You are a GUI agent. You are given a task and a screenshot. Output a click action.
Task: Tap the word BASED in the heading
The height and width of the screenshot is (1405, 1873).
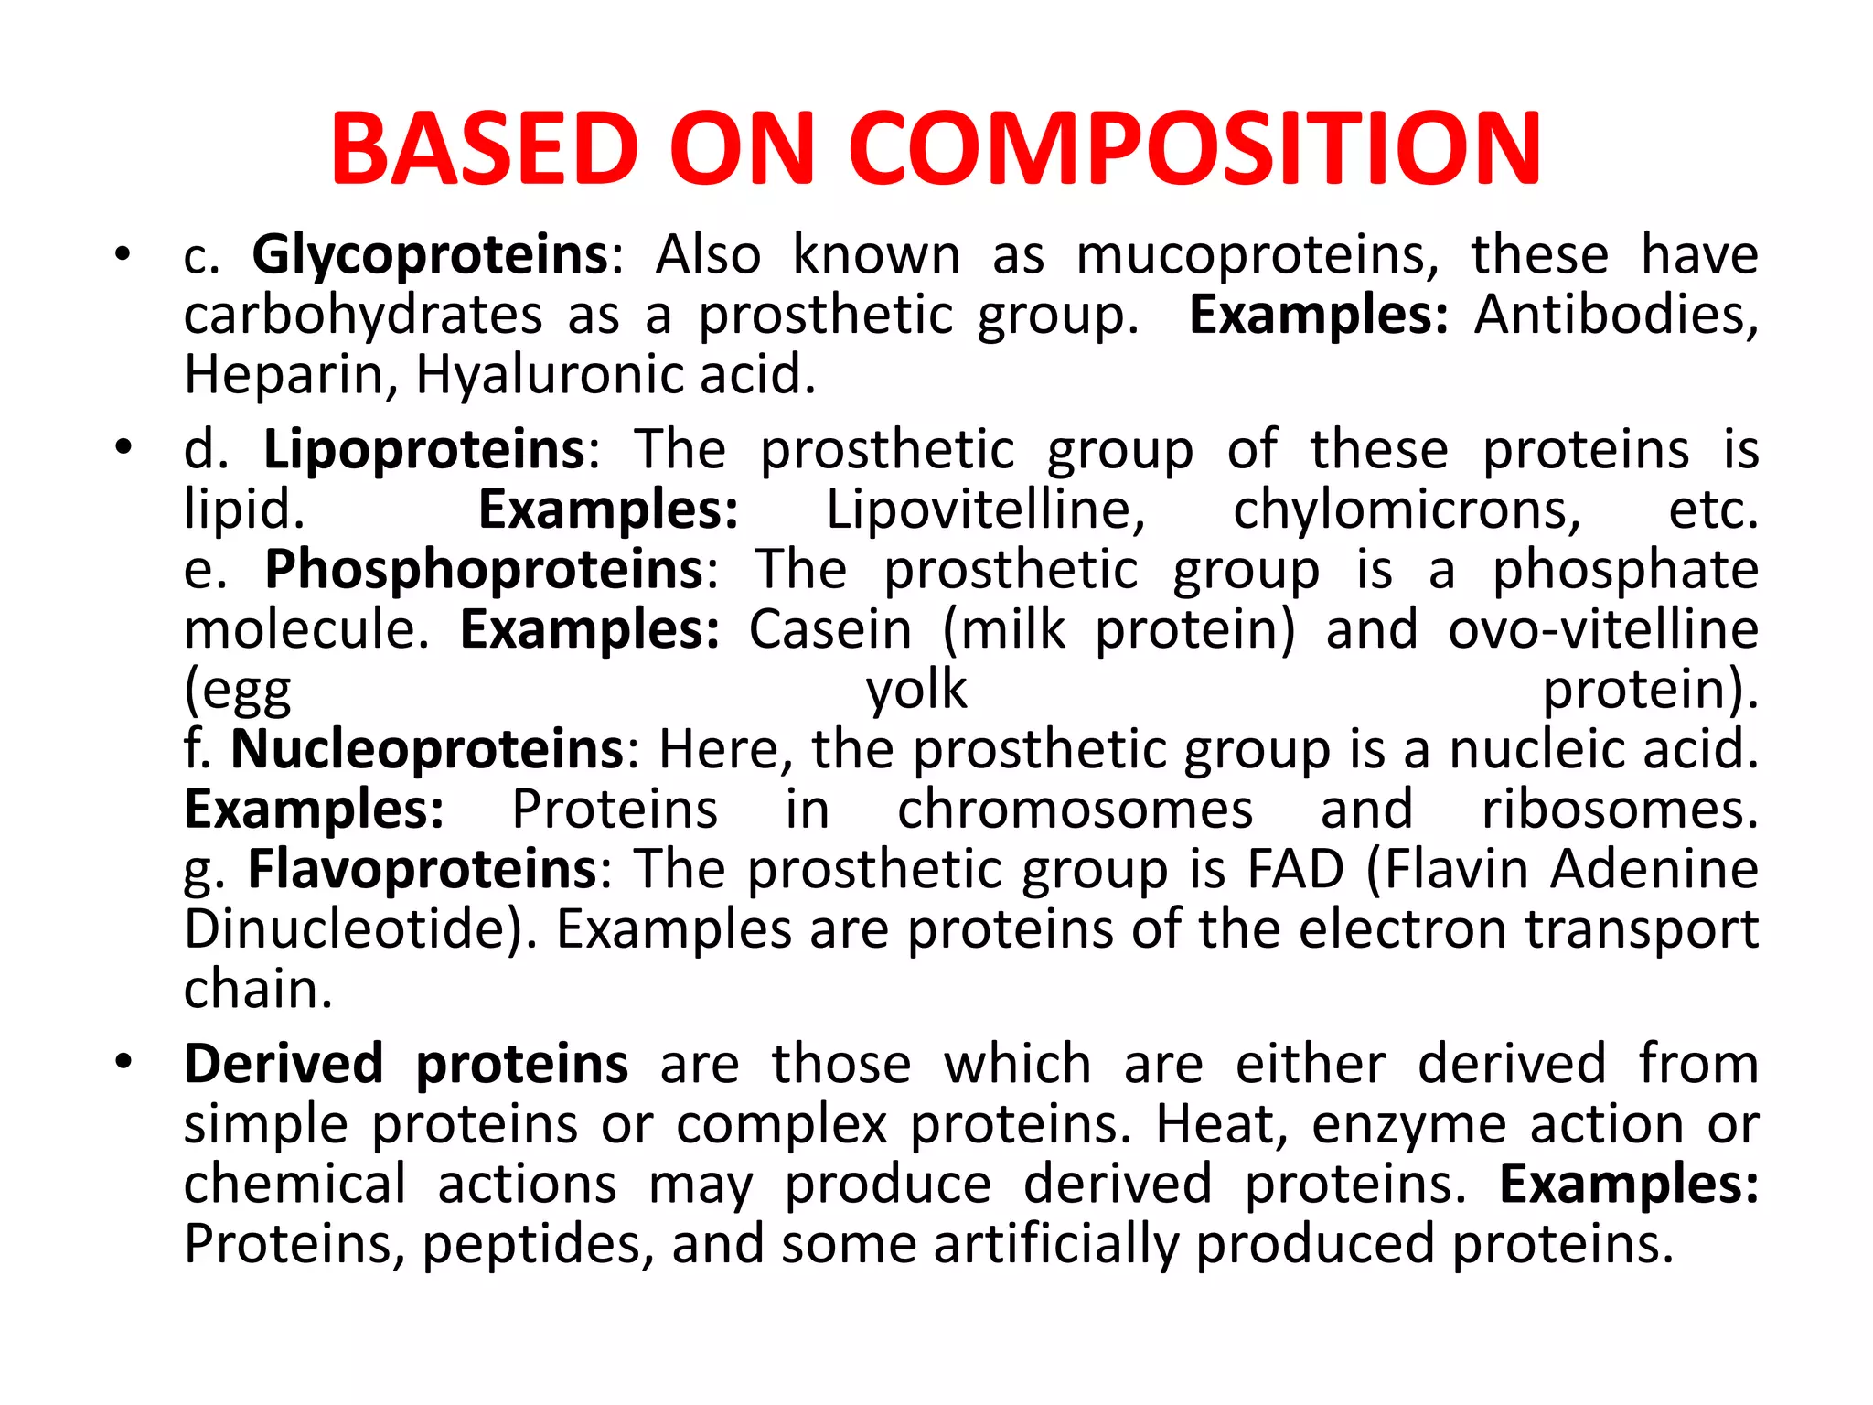coord(485,149)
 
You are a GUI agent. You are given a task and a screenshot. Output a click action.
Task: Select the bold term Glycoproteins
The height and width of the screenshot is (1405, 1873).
coord(430,254)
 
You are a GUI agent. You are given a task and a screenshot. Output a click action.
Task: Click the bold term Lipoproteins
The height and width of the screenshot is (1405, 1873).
coord(424,449)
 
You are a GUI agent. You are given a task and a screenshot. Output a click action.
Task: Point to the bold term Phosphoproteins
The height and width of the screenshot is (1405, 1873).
coord(484,569)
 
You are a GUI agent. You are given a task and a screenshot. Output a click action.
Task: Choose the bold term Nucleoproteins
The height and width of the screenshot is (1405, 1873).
coord(426,749)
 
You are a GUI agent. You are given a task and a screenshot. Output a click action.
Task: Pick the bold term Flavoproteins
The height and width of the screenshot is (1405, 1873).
coord(423,869)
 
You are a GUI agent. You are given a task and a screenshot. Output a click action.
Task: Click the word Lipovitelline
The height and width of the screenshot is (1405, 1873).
coord(985,509)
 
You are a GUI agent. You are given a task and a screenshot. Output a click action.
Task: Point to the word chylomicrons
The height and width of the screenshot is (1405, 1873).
coord(1407,509)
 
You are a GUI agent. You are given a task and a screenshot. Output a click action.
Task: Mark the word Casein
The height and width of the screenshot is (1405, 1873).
coord(830,629)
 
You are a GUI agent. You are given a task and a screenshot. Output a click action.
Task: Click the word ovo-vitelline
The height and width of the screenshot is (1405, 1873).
coord(1603,629)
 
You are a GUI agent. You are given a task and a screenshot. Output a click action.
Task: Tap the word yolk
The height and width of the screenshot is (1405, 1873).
coord(916,690)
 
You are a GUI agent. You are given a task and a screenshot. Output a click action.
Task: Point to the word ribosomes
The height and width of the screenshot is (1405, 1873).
coord(1619,810)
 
